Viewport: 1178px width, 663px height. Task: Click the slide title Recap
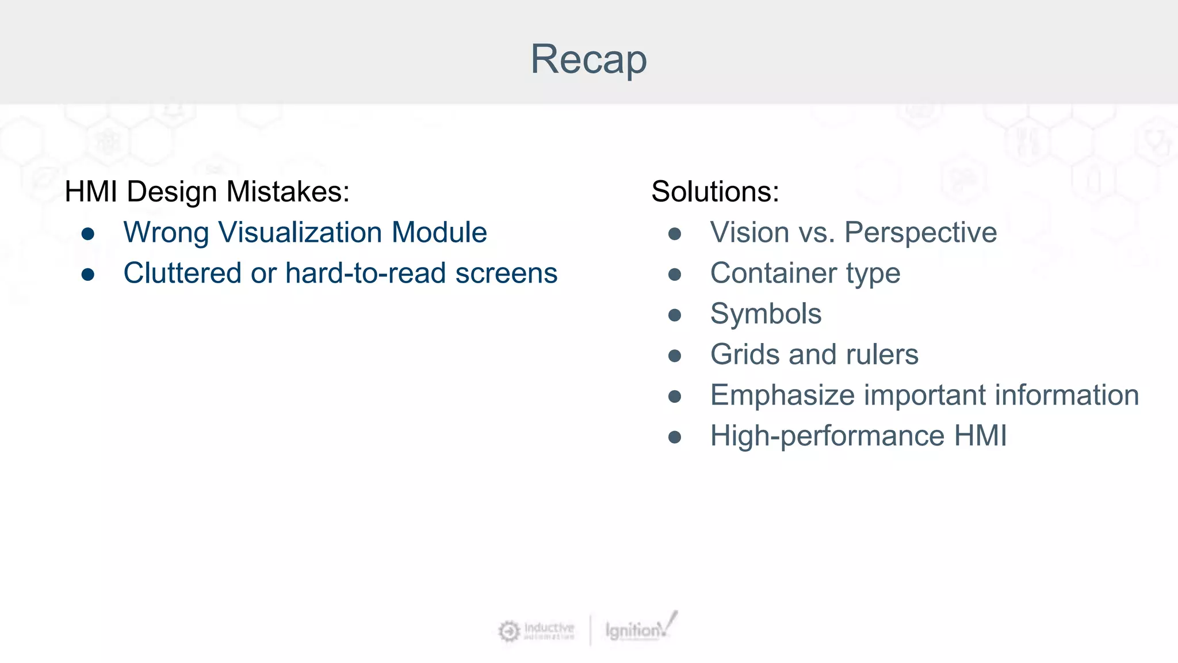click(x=588, y=59)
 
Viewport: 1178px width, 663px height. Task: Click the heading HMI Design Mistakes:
click(x=207, y=192)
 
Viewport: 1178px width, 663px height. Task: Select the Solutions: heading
click(x=715, y=192)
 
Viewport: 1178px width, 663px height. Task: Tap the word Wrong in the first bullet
click(x=166, y=233)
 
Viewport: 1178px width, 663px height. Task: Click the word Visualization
click(x=300, y=233)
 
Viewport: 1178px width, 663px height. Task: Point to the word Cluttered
click(x=182, y=273)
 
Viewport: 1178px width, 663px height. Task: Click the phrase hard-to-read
click(x=365, y=273)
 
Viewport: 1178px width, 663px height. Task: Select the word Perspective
click(x=920, y=233)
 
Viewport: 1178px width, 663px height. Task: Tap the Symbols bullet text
click(x=766, y=314)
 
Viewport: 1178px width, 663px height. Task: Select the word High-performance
click(x=827, y=436)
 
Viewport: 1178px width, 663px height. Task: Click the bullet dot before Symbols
click(x=675, y=315)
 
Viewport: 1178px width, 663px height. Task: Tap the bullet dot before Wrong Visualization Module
click(x=88, y=234)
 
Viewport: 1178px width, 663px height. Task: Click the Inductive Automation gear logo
click(x=509, y=631)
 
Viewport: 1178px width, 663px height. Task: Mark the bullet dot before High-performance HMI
click(x=675, y=437)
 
